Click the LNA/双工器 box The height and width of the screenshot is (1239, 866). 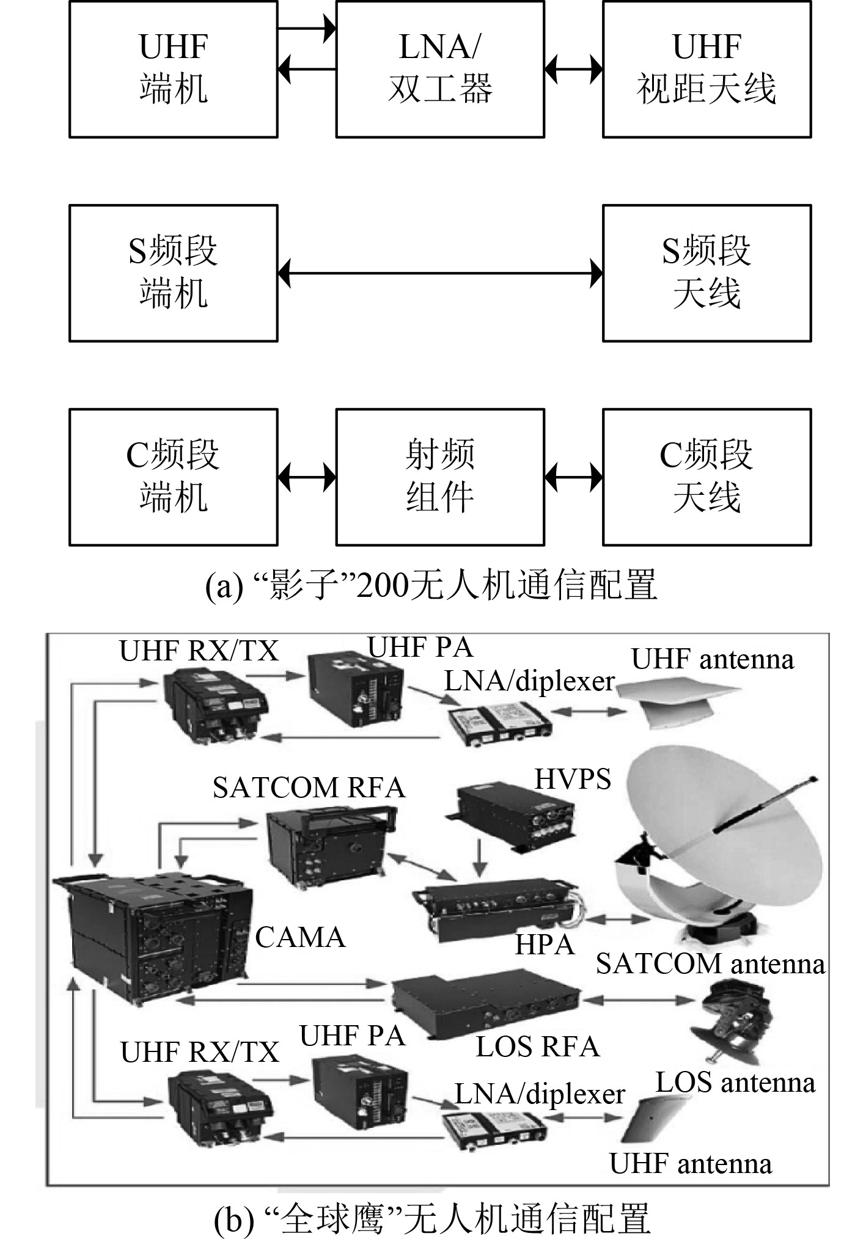coord(439,69)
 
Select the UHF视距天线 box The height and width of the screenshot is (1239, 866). coord(706,69)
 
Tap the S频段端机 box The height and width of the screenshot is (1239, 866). coord(173,273)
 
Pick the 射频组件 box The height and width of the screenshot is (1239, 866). coord(439,477)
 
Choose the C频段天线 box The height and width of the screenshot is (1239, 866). coord(706,477)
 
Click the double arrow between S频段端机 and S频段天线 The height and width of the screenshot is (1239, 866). coord(440,273)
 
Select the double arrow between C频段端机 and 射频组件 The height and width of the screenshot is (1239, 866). coord(307,477)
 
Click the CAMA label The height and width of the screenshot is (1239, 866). coord(300,937)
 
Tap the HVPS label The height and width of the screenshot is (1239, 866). coord(573,780)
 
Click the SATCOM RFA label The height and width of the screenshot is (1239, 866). coord(309,788)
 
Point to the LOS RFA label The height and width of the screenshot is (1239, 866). coord(537,1047)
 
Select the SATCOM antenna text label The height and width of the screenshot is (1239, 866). coord(710,964)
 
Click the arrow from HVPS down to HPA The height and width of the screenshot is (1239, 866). coord(480,859)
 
